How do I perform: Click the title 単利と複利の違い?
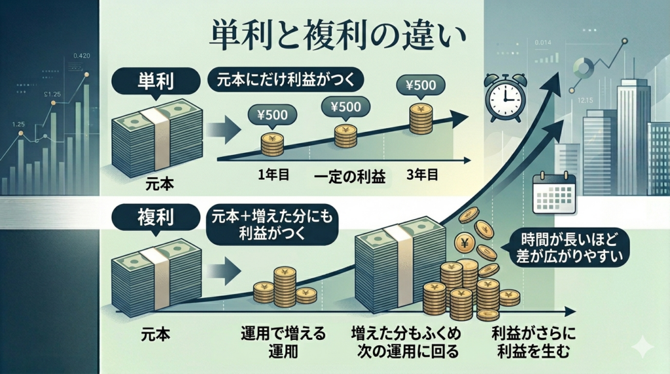[x=335, y=35]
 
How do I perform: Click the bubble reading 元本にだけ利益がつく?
[x=285, y=84]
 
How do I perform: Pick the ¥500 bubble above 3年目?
[x=420, y=86]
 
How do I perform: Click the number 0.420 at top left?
[x=82, y=56]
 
